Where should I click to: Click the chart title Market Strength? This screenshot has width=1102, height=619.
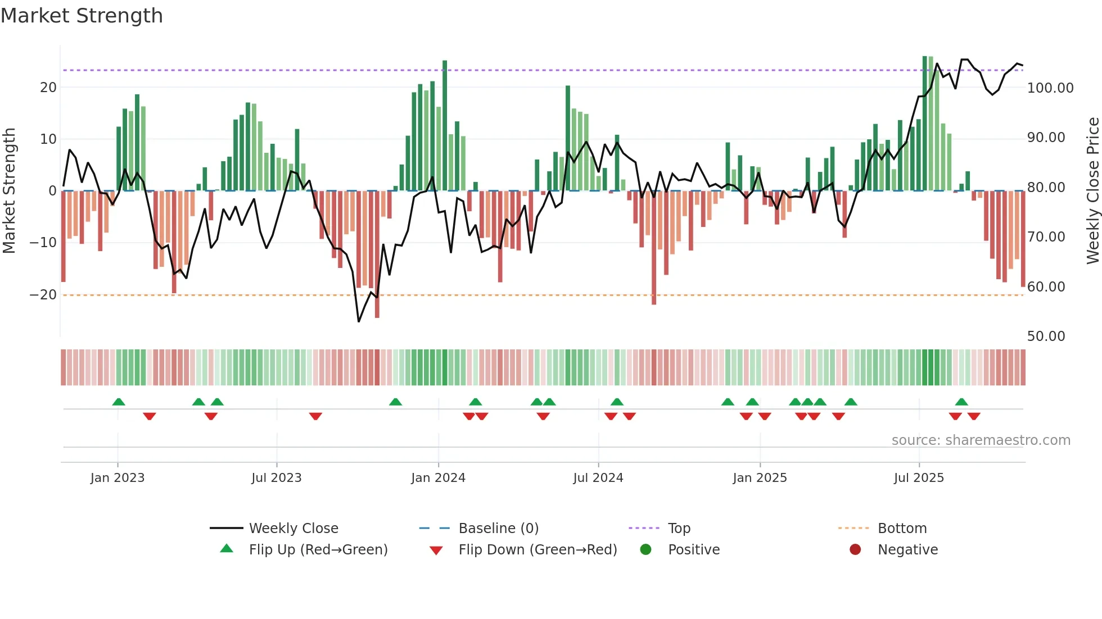[x=82, y=16]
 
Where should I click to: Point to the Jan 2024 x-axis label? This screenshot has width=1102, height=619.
[x=438, y=478]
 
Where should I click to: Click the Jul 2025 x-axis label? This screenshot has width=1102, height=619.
[x=919, y=478]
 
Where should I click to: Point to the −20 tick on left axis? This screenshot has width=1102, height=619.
[x=43, y=295]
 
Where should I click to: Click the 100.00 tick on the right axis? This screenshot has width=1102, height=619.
[x=1050, y=88]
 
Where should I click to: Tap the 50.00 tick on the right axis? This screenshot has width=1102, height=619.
[x=1046, y=336]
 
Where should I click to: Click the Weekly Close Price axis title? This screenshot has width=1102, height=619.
[x=1092, y=191]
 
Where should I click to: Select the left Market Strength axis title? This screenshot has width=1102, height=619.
[x=9, y=191]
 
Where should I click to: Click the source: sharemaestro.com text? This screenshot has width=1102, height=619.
[x=981, y=440]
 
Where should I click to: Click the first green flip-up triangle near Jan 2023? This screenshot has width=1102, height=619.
[x=119, y=402]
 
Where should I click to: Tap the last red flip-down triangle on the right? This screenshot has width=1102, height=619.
[x=974, y=416]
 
